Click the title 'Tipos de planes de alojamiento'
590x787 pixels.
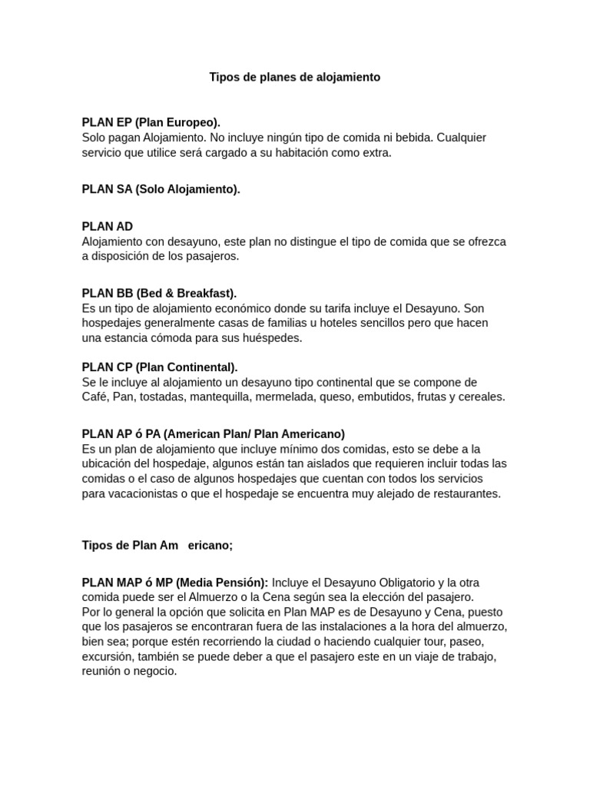[295, 78]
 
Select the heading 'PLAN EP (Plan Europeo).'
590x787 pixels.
[151, 122]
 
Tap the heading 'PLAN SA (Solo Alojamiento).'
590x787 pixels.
[161, 189]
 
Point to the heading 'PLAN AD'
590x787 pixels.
[108, 226]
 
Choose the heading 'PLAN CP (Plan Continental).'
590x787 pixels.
[160, 367]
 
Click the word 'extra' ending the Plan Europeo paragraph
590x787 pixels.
[375, 152]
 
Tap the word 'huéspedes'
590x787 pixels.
[273, 337]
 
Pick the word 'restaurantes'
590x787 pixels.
[465, 493]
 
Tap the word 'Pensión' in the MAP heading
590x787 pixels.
[243, 583]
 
